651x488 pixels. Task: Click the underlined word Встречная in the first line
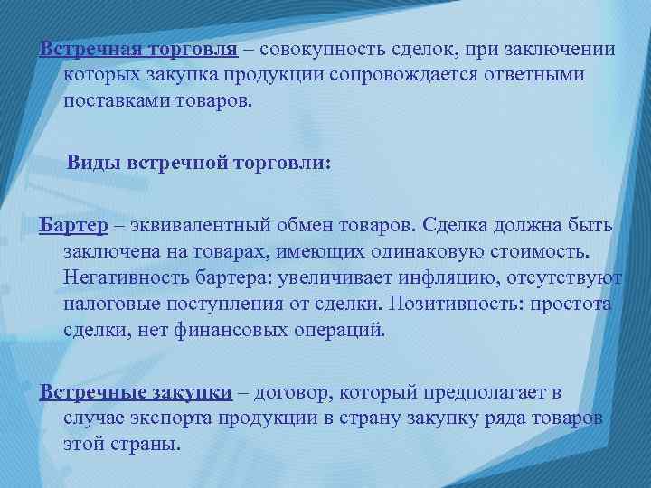[x=88, y=48]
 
